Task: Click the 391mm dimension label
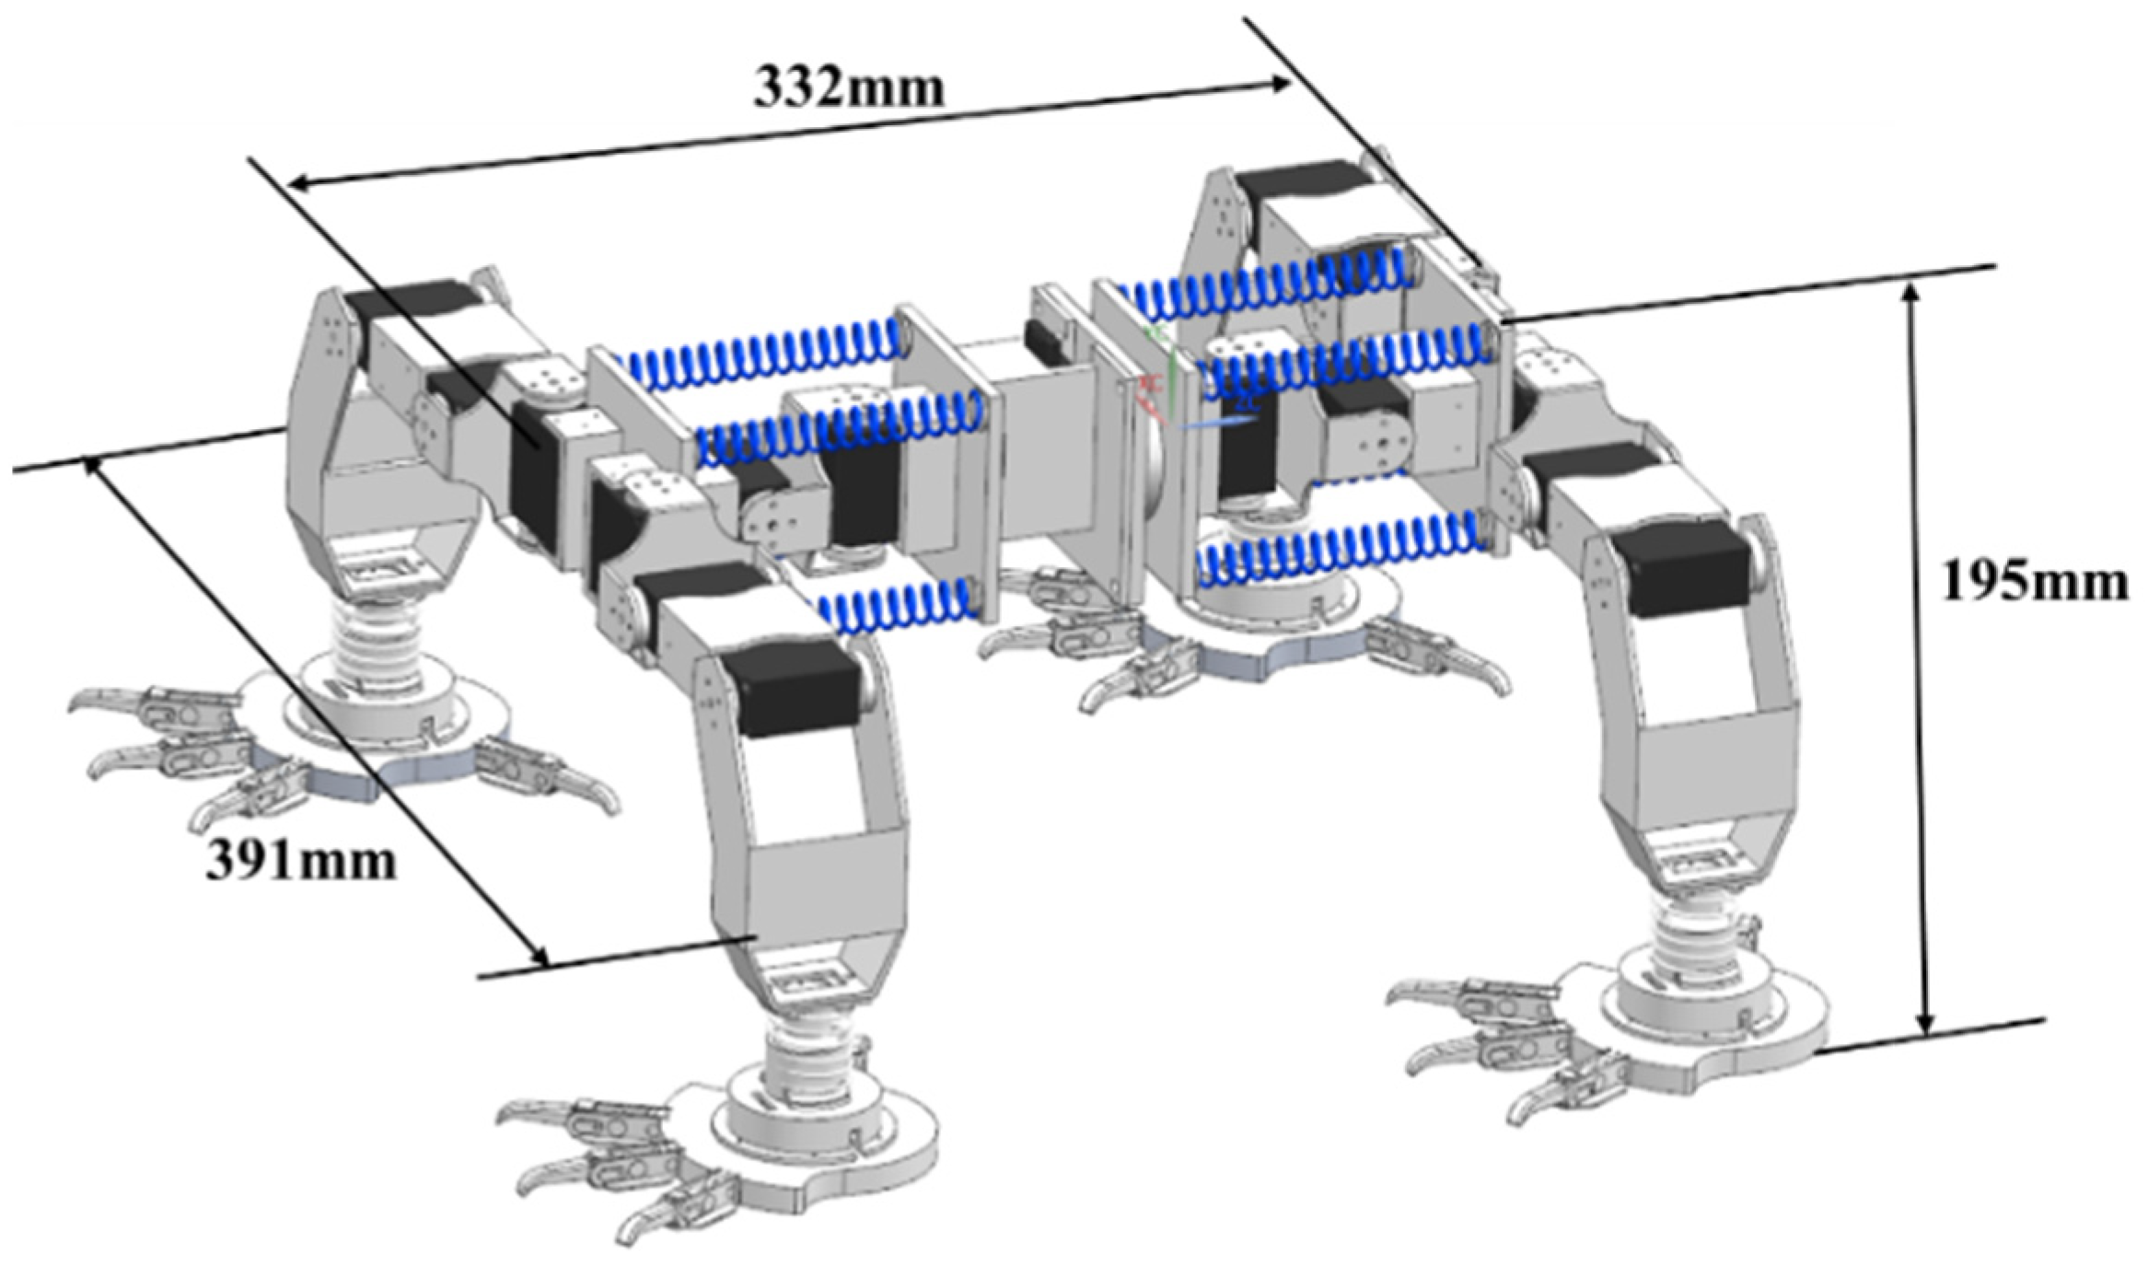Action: (x=301, y=862)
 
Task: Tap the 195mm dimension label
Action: (x=2034, y=582)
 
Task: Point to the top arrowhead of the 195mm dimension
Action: (x=1910, y=293)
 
